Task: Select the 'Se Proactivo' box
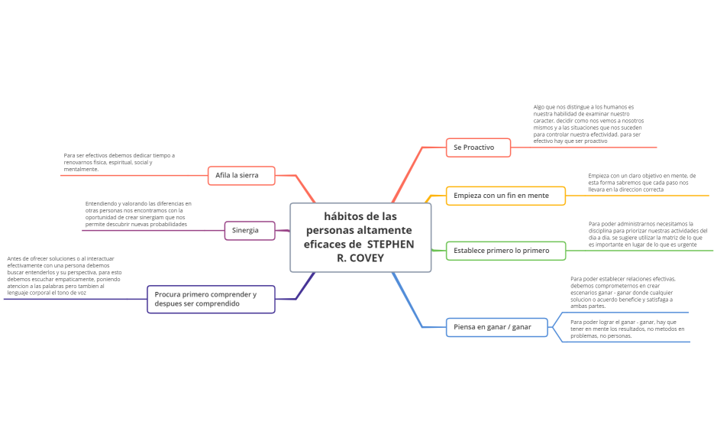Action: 478,147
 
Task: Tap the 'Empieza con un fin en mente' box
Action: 505,196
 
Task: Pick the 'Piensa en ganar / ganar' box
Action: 496,327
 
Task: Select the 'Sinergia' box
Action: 249,230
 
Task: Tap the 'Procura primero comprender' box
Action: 210,299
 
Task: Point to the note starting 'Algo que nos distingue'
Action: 589,125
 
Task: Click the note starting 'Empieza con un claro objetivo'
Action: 642,182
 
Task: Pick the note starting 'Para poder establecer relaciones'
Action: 622,292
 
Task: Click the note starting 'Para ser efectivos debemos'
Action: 119,162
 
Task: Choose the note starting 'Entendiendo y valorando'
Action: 138,214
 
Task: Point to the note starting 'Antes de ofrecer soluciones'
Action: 64,276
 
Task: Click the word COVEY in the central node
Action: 367,258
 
